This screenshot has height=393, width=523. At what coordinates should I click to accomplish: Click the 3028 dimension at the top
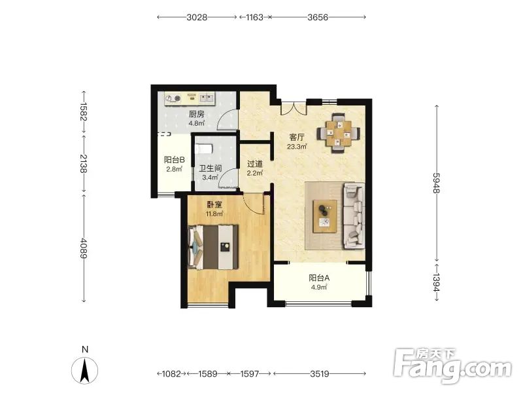[197, 17]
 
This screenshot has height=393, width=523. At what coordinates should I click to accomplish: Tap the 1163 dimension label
[254, 17]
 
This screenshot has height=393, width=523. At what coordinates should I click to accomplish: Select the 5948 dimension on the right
[437, 183]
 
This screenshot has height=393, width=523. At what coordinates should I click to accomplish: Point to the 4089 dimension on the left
[84, 248]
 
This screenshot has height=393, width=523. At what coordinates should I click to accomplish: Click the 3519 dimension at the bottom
[320, 373]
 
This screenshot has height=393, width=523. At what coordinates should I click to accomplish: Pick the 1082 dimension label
[171, 373]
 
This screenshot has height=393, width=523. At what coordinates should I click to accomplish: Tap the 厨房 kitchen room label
[197, 114]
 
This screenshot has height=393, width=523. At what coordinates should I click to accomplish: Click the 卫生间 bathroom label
[210, 168]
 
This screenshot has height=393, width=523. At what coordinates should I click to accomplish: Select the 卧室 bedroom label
[214, 204]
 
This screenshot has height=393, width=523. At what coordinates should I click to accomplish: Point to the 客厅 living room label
[297, 137]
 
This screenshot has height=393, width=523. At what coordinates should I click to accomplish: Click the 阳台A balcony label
[319, 278]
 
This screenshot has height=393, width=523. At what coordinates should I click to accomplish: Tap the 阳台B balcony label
[174, 160]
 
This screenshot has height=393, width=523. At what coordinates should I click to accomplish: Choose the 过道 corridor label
[255, 164]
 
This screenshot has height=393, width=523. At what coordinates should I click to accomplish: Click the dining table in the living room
[339, 134]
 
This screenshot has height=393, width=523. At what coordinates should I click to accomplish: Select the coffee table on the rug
[325, 216]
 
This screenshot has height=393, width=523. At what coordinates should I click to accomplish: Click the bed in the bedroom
[213, 247]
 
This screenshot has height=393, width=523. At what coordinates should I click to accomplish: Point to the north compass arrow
[85, 370]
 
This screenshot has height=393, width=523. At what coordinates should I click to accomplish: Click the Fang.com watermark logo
[452, 367]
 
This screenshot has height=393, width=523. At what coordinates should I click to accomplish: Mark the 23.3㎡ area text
[297, 146]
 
